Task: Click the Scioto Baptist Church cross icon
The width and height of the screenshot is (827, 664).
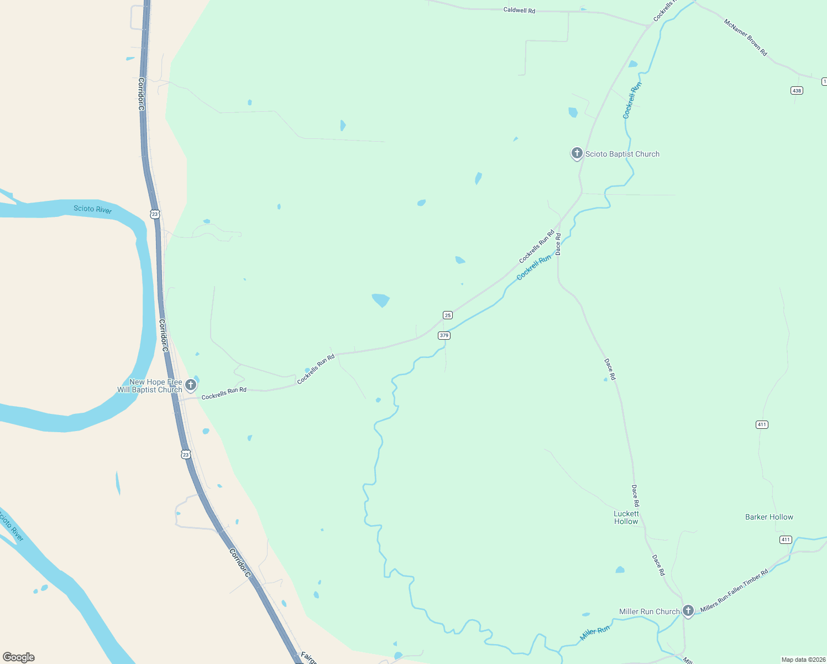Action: (577, 153)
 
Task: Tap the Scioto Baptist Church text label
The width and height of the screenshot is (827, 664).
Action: (622, 154)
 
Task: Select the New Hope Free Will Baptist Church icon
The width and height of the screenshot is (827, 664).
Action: (190, 385)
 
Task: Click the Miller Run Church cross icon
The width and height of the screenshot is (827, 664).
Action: (688, 611)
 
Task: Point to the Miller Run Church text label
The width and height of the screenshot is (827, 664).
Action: (649, 611)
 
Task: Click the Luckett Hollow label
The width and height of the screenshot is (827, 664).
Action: (626, 517)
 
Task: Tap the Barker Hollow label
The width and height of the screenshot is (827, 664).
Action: (769, 517)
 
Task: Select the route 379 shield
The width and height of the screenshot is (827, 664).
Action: (444, 335)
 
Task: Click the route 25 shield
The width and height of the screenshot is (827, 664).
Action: (448, 315)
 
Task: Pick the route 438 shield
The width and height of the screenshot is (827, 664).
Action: (796, 91)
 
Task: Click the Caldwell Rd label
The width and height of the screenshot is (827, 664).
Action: (519, 11)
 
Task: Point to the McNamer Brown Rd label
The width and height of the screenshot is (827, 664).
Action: (746, 38)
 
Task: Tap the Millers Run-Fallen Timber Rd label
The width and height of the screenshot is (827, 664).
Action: (734, 590)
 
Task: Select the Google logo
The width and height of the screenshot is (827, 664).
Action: (18, 657)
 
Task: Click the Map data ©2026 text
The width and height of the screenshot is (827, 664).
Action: (803, 660)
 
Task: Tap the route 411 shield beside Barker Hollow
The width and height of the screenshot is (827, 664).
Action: (786, 539)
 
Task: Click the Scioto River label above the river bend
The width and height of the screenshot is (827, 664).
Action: (92, 209)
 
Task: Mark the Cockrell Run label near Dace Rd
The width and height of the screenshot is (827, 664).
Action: (533, 267)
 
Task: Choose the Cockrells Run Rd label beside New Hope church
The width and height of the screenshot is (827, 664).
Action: (224, 393)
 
